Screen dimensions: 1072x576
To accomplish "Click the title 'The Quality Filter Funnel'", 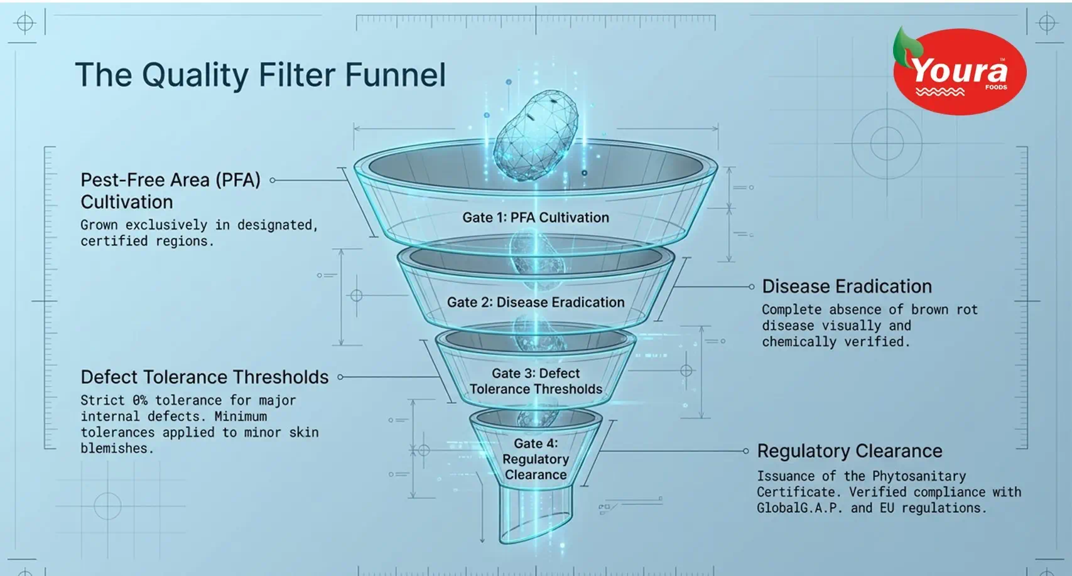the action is click(261, 75).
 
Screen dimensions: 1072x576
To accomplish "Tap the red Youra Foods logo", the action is click(960, 71).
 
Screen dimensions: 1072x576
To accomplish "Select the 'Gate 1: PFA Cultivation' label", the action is click(536, 218).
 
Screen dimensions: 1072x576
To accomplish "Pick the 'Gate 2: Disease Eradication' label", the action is click(536, 302).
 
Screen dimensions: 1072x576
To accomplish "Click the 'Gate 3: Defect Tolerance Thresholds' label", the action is click(536, 381).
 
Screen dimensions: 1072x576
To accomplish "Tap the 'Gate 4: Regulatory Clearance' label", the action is click(536, 459).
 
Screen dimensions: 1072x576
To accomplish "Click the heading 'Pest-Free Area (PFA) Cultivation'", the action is click(170, 191).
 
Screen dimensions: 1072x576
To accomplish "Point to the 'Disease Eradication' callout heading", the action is click(847, 286).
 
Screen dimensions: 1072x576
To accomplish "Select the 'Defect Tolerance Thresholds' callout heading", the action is click(204, 377).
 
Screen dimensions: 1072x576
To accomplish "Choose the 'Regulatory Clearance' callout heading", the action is click(850, 451).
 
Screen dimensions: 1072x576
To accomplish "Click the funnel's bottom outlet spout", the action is click(536, 515).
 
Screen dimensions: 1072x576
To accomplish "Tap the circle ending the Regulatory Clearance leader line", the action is click(745, 451).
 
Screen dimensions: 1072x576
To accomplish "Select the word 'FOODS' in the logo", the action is click(996, 87).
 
